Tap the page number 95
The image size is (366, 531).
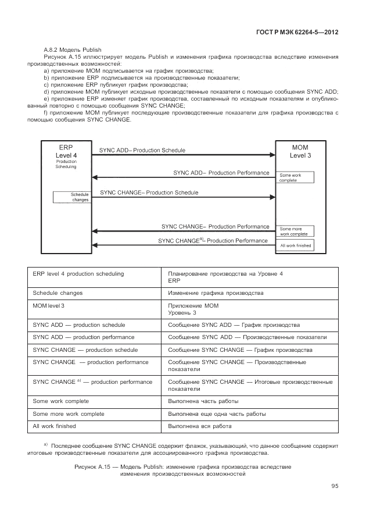335,486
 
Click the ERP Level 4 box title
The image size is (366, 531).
66,152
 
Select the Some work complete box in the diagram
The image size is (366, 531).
295,177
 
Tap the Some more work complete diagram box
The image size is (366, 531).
295,231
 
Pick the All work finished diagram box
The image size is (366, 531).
295,245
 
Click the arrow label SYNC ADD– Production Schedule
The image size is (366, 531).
142,150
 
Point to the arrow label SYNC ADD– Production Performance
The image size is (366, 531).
221,173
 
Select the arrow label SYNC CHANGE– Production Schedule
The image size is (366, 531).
149,192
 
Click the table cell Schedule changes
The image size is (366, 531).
58,293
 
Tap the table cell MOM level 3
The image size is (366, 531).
49,305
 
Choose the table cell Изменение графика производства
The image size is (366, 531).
215,293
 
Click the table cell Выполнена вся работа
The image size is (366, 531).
200,426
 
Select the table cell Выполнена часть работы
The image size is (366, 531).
203,401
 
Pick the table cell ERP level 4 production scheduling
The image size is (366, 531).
78,273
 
